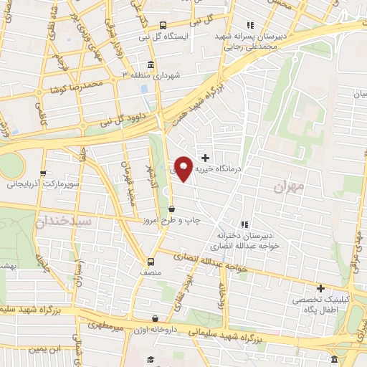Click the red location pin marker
pos(183,169)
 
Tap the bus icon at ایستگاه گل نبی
pos(163,24)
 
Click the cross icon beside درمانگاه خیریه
pos(206,158)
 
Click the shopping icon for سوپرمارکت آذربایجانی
pos(44,173)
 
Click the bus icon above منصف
pos(151,262)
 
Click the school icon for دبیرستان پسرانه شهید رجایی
pos(249,24)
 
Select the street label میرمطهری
pos(105,324)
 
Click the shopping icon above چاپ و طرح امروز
pos(171,209)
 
